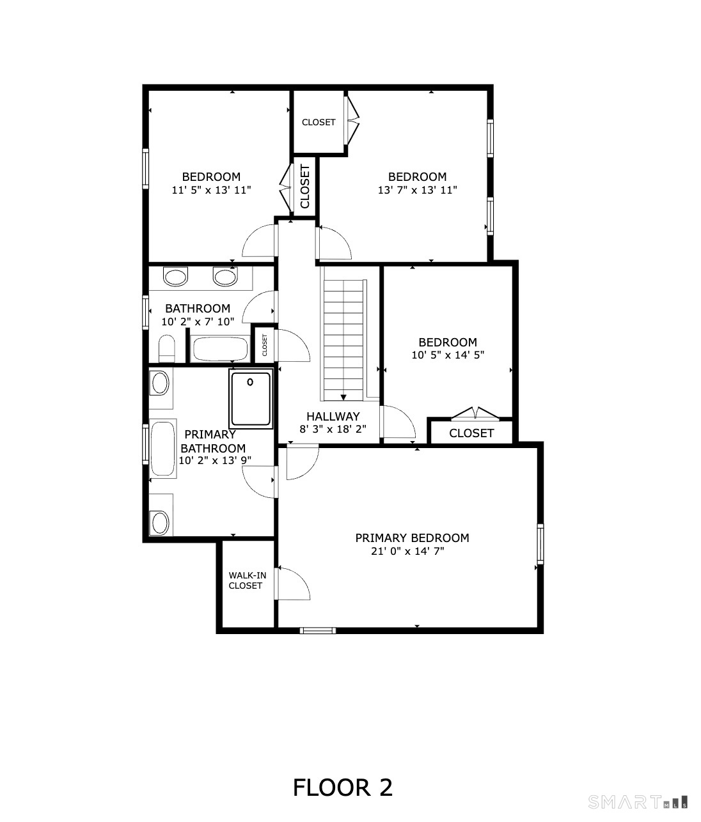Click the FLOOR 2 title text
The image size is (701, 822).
click(x=342, y=787)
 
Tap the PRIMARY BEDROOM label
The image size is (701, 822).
click(x=412, y=538)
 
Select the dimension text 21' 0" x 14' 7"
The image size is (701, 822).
click(x=407, y=551)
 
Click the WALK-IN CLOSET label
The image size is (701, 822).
click(x=247, y=580)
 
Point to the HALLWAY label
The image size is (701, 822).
click(x=333, y=416)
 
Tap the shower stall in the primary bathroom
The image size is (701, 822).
click(x=251, y=398)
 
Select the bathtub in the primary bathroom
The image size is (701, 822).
click(x=162, y=449)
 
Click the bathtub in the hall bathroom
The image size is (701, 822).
click(x=219, y=350)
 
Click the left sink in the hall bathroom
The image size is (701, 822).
click(x=175, y=277)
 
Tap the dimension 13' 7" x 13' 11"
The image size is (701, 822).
click(x=417, y=190)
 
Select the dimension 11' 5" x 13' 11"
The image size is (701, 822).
click(x=211, y=190)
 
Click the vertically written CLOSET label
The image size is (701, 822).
click(x=305, y=187)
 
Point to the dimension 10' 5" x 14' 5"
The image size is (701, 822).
click(x=448, y=355)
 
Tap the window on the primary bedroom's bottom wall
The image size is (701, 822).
click(x=318, y=630)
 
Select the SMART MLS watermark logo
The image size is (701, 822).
click(x=637, y=802)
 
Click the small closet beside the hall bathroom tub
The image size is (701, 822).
click(x=264, y=345)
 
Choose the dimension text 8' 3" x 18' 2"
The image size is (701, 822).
click(x=333, y=429)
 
